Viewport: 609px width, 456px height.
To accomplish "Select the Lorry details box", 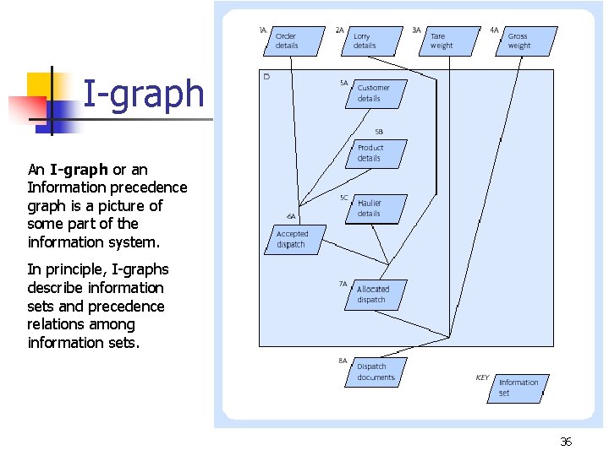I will point(368,41).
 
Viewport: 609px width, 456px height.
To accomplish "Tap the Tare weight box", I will point(445,41).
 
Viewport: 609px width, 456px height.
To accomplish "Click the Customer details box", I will point(375,93).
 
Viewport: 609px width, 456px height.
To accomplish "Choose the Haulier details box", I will point(374,209).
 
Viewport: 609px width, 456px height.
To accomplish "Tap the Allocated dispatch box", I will point(375,295).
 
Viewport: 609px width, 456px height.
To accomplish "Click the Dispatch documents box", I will point(375,372).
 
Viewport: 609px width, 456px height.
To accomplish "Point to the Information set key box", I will point(518,388).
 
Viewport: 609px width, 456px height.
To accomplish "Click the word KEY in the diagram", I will point(482,377).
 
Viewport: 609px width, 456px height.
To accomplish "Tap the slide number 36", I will point(566,442).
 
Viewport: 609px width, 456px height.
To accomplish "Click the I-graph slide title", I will point(144,94).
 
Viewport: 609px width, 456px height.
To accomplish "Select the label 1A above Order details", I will point(263,30).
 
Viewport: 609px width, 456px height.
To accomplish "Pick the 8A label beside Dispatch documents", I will point(343,361).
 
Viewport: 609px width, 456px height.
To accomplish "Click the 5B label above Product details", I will point(378,132).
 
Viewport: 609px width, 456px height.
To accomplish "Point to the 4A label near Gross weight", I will point(494,30).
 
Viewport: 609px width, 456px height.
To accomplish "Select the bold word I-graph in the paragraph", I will point(79,169).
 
